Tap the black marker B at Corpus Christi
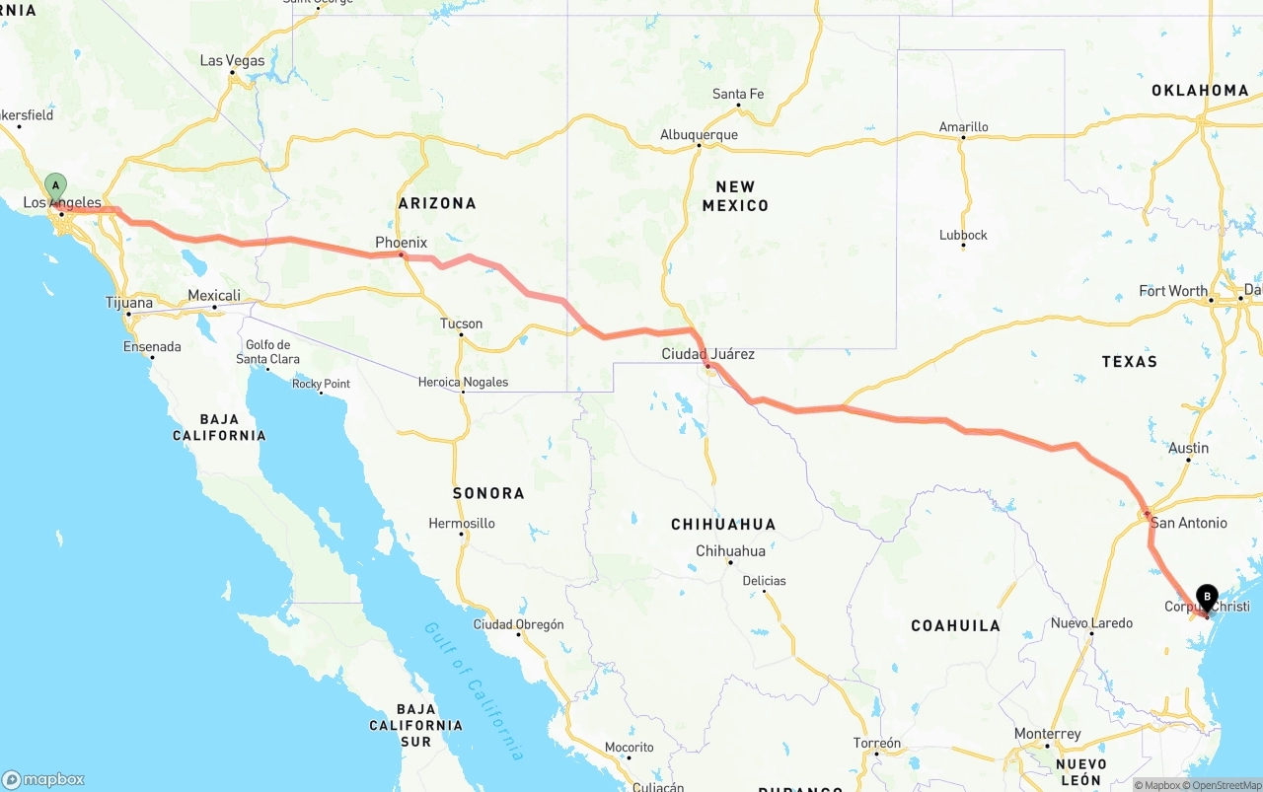[1206, 596]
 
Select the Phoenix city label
[401, 243]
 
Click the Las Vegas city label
[232, 60]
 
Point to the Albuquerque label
[699, 135]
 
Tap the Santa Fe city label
[738, 95]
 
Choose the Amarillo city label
[963, 127]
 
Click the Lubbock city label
[963, 235]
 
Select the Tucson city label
[461, 324]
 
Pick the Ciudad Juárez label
[707, 354]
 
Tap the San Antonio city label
[1188, 523]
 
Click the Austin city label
[1188, 448]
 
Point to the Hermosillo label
[462, 524]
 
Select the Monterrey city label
[1047, 734]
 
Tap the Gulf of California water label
[474, 690]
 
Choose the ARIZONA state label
[436, 203]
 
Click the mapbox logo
[43, 779]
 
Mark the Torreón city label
[876, 743]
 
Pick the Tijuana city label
[128, 303]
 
